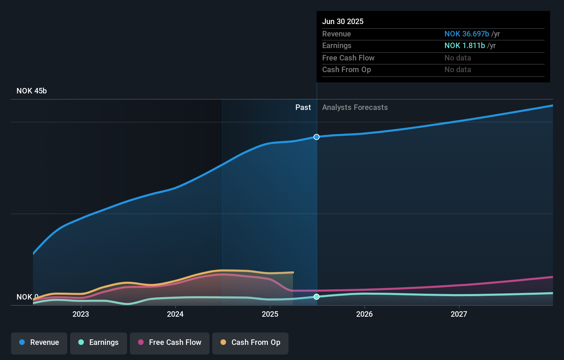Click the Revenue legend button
point(39,343)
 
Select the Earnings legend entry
point(98,343)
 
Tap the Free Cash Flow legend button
point(169,343)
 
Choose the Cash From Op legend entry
point(250,343)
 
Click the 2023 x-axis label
point(81,314)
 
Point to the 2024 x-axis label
point(175,314)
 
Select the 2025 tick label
point(270,314)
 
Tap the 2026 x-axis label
point(364,314)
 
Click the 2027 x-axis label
point(459,314)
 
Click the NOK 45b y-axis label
point(32,91)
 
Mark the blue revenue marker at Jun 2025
point(316,137)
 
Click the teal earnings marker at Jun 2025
point(316,297)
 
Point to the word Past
point(303,108)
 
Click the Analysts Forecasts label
point(355,108)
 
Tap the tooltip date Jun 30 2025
point(342,22)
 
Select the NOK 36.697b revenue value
point(466,34)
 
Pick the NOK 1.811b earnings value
point(464,46)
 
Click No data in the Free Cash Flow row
point(458,58)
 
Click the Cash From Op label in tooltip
point(346,70)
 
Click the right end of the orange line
point(293,272)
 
